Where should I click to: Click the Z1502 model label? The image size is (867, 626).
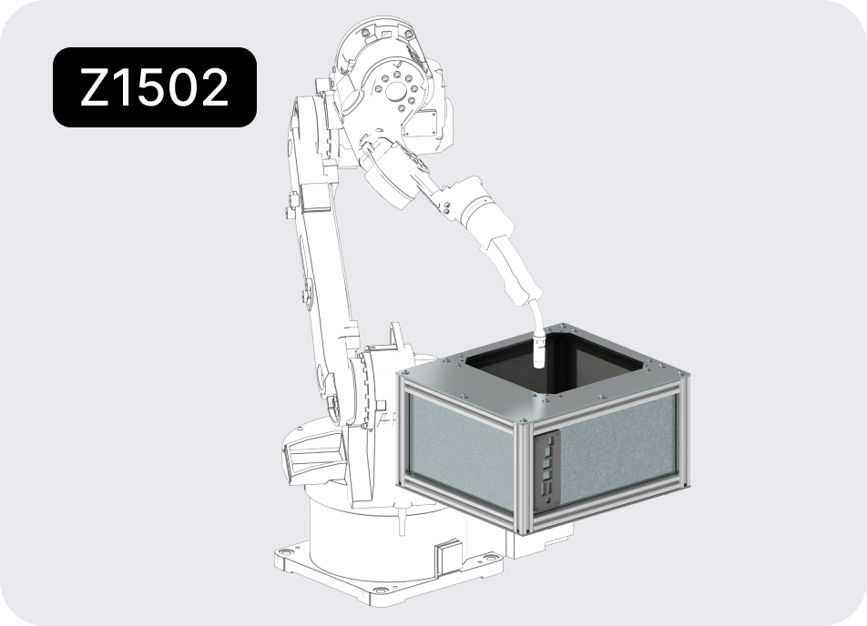(154, 87)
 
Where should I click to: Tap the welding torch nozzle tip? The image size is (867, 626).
(538, 364)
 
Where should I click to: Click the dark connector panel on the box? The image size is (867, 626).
(546, 470)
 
